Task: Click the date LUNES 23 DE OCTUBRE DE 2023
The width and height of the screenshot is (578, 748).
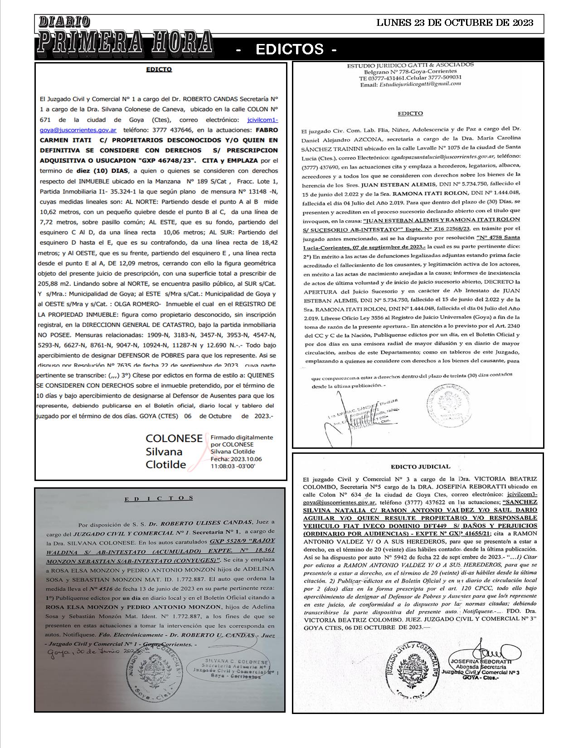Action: point(455,23)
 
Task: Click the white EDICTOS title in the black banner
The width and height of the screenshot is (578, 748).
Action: point(289,49)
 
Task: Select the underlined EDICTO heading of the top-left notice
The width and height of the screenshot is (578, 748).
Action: point(159,70)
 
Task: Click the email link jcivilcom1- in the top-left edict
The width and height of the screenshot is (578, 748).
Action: point(262,120)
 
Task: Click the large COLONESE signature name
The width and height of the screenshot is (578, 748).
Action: point(174,438)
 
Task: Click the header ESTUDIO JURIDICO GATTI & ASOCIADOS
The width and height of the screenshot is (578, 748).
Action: point(410,65)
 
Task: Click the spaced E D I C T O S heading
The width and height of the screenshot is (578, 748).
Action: point(159,498)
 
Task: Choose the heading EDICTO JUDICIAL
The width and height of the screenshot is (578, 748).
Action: point(420,466)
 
